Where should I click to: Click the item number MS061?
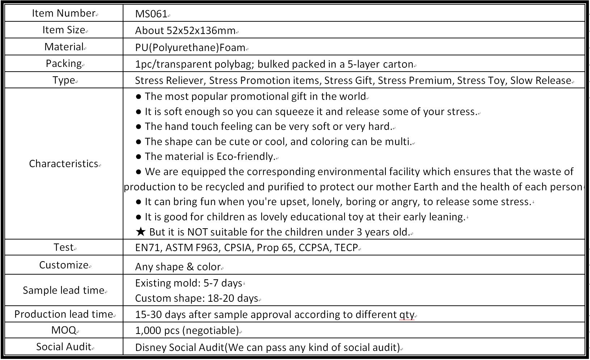[x=151, y=14]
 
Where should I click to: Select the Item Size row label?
[x=64, y=30]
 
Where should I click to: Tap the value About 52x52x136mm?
[x=185, y=31]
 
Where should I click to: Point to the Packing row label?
[x=64, y=64]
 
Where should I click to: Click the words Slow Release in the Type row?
[x=540, y=80]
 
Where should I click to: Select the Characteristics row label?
[x=64, y=164]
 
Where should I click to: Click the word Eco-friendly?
[x=245, y=157]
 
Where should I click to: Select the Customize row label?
[x=64, y=265]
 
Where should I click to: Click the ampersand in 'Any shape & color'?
[x=190, y=267]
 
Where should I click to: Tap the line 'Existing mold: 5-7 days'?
[x=188, y=283]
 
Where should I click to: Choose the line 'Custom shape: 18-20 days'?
[x=196, y=298]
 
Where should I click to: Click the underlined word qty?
[x=406, y=315]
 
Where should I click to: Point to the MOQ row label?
[x=64, y=330]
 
